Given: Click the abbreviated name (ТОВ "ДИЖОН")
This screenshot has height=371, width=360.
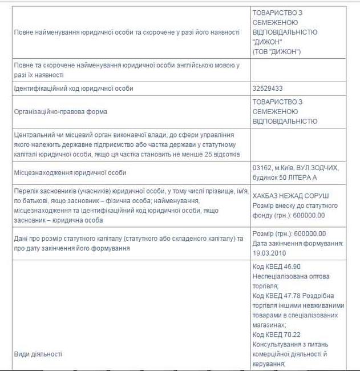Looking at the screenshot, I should coord(277,52).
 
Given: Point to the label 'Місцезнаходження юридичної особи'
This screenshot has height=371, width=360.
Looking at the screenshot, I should coord(70,172).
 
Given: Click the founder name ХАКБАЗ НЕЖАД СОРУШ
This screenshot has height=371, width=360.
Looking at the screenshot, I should coord(290,196).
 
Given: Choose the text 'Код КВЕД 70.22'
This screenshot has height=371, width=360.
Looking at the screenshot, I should coord(277,336).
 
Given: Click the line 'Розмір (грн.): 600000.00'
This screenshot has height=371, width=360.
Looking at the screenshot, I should coord(289,233).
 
